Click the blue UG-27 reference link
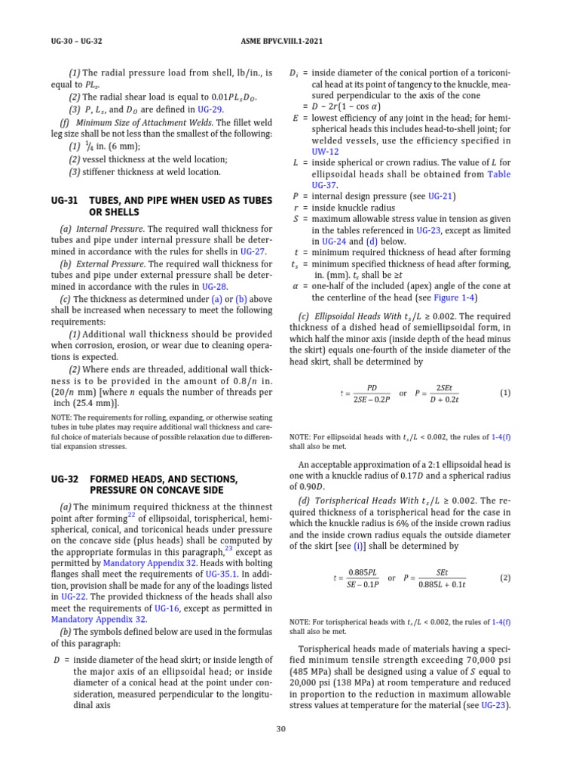coord(253,251)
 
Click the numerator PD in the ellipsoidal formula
coord(371,387)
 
